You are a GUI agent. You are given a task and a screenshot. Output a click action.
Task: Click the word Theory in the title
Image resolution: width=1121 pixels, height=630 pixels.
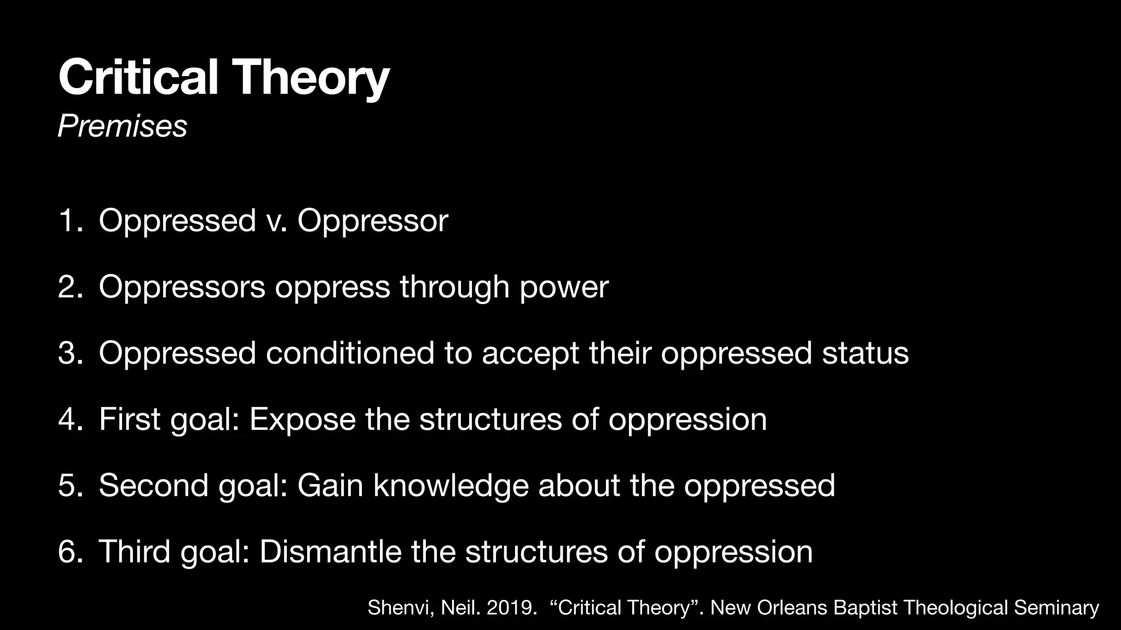click(x=313, y=78)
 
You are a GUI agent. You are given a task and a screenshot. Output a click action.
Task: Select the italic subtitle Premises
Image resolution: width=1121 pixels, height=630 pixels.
click(x=122, y=126)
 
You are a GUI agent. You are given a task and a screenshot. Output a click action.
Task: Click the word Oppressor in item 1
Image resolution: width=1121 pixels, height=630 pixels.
click(x=372, y=221)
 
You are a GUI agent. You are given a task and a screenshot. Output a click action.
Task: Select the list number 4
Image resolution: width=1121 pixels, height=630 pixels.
click(x=68, y=419)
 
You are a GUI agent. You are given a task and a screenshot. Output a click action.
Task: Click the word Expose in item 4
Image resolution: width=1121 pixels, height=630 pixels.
click(x=302, y=420)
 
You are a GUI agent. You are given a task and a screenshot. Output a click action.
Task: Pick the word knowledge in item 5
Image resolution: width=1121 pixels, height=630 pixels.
click(x=451, y=486)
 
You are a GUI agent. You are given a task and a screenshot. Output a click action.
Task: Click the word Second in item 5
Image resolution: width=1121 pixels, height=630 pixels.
click(x=153, y=486)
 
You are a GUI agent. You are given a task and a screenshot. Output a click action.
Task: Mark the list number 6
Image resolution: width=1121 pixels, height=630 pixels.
click(x=68, y=552)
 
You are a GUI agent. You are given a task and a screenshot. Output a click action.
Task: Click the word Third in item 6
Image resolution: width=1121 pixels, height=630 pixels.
click(x=134, y=552)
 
